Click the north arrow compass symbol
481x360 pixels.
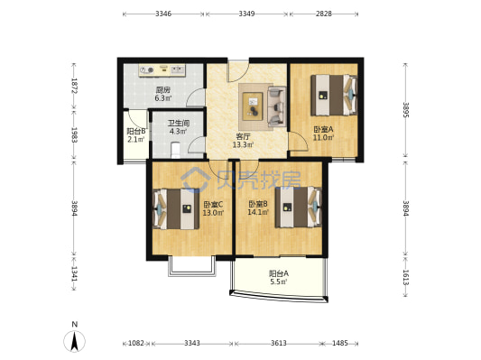point(74,341)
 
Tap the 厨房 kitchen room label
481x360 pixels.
point(162,90)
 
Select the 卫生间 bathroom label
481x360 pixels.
point(178,124)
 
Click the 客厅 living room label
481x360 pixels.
point(243,136)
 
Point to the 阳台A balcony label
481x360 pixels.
point(279,272)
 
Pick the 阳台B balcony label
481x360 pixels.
point(136,131)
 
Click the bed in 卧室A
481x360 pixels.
point(334,95)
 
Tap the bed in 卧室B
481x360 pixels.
point(298,207)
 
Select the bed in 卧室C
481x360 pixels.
point(176,208)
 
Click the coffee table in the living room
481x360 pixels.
point(253,106)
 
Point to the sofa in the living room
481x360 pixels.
point(277,106)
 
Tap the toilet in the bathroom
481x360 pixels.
point(175,150)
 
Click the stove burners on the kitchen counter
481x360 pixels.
point(146,70)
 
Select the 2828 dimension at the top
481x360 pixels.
point(324,14)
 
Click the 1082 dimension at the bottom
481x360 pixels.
point(136,343)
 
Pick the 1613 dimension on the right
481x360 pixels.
point(406,278)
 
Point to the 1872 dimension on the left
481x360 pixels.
point(74,86)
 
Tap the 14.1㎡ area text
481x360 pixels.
point(258,212)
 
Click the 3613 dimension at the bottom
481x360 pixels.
point(279,343)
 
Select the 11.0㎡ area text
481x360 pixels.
point(323,138)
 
